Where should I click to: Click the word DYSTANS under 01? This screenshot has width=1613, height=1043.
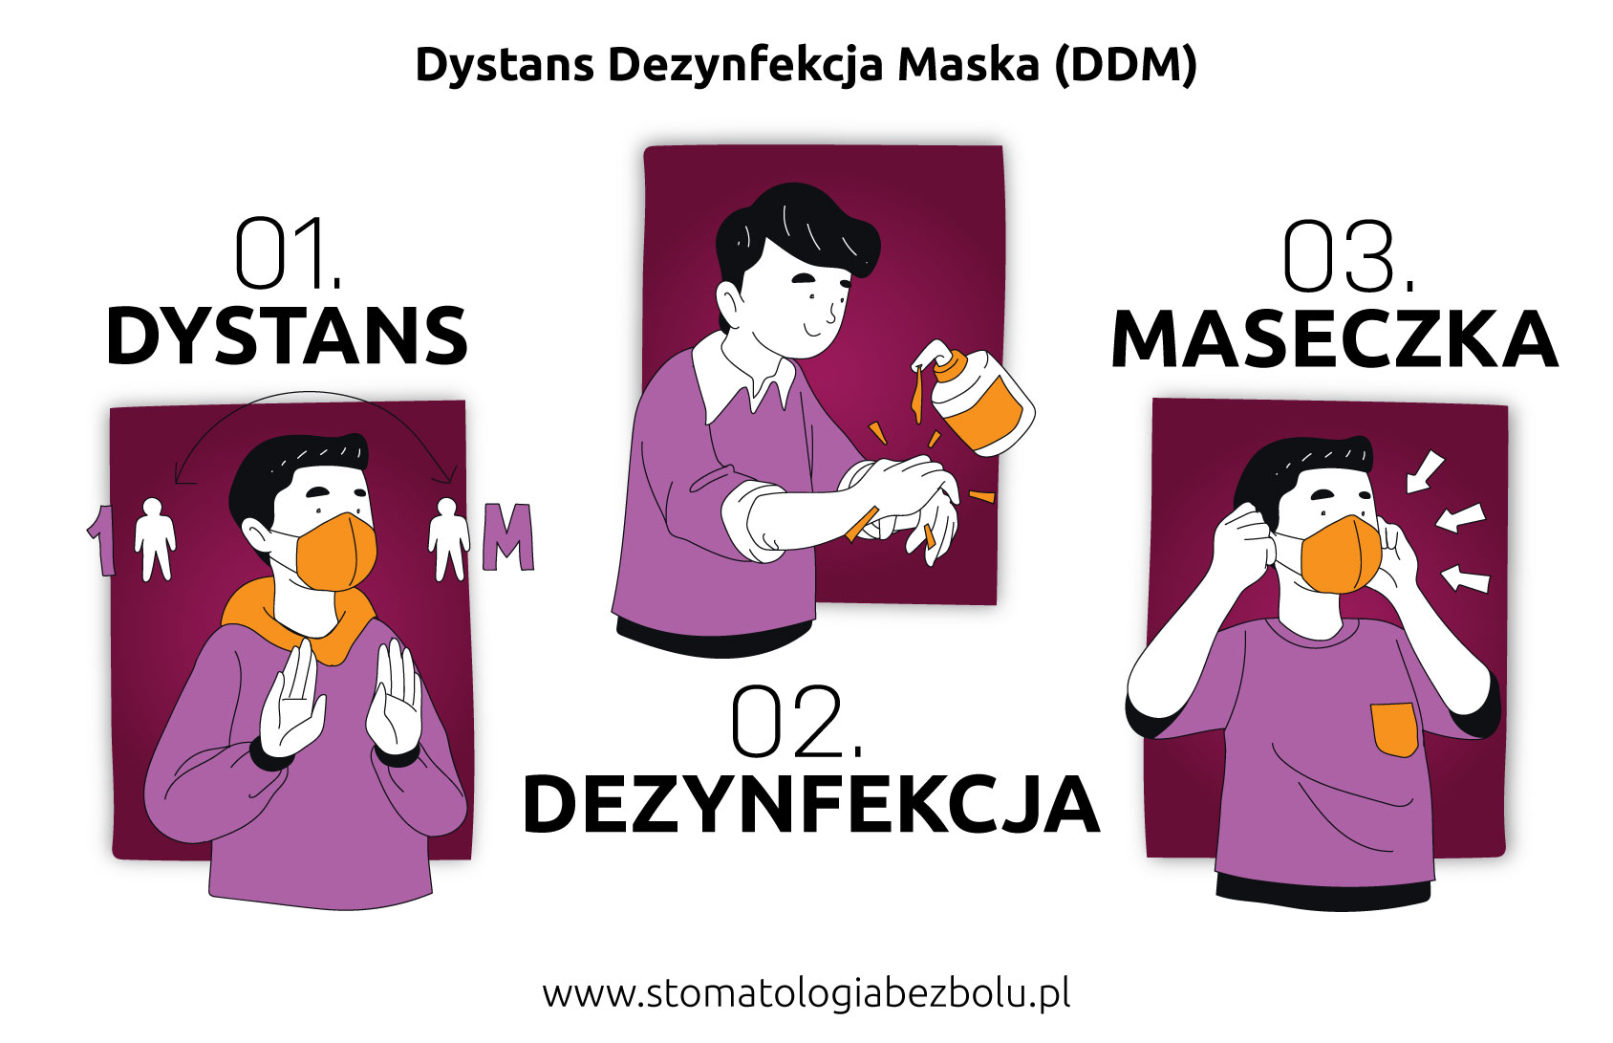tap(288, 337)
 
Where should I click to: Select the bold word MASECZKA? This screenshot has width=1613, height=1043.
tap(1335, 339)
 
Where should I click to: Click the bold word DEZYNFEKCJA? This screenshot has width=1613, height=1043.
tap(811, 805)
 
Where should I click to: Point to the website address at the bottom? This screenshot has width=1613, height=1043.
tap(806, 995)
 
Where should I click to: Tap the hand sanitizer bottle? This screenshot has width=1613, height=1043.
tap(976, 399)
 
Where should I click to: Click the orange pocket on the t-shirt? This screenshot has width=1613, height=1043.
tap(1395, 729)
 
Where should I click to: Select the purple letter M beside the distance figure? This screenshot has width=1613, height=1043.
tap(508, 536)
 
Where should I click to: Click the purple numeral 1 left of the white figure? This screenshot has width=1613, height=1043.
tap(102, 539)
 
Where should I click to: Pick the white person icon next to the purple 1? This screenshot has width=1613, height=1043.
tap(155, 539)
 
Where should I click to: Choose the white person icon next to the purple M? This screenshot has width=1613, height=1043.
tap(448, 539)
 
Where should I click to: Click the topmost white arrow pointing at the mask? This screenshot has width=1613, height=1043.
tap(1425, 472)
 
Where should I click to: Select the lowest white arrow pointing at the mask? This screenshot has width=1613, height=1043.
tap(1465, 578)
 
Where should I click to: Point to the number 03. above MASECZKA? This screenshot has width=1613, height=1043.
tap(1348, 256)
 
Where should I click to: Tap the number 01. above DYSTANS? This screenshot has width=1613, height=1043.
tap(288, 252)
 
